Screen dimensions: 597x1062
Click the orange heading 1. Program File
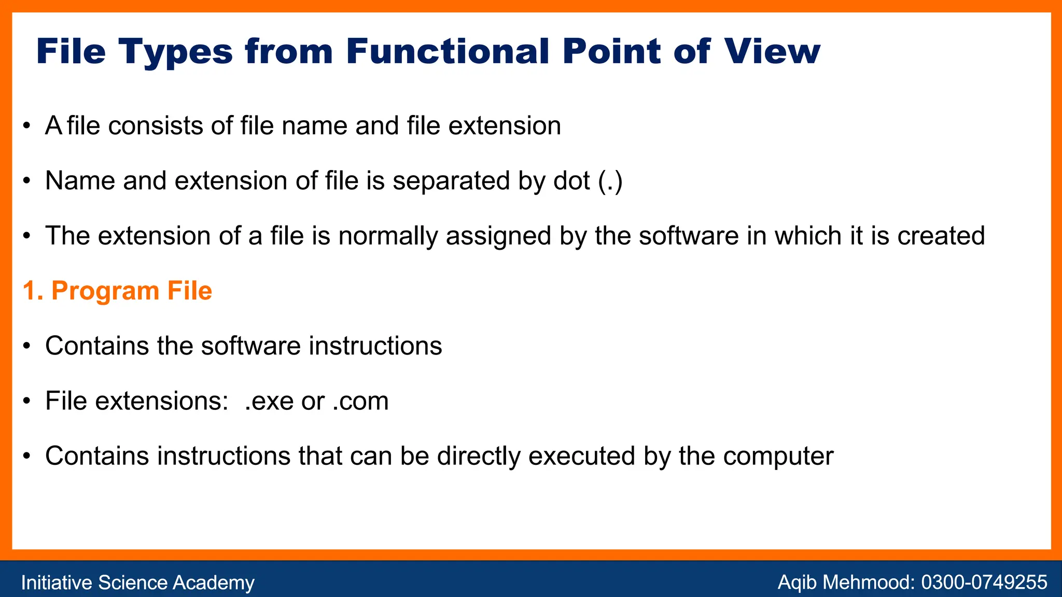pyautogui.click(x=117, y=291)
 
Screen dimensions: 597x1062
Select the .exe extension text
pyautogui.click(x=269, y=401)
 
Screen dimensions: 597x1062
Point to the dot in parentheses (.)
pyautogui.click(x=610, y=181)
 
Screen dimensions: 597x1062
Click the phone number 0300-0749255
pyautogui.click(x=984, y=582)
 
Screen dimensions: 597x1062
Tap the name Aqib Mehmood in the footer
pyautogui.click(x=845, y=582)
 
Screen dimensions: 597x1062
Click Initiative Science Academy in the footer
pyautogui.click(x=137, y=582)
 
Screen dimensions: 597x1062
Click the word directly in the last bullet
pyautogui.click(x=479, y=457)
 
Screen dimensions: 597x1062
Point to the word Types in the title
pyautogui.click(x=176, y=51)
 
